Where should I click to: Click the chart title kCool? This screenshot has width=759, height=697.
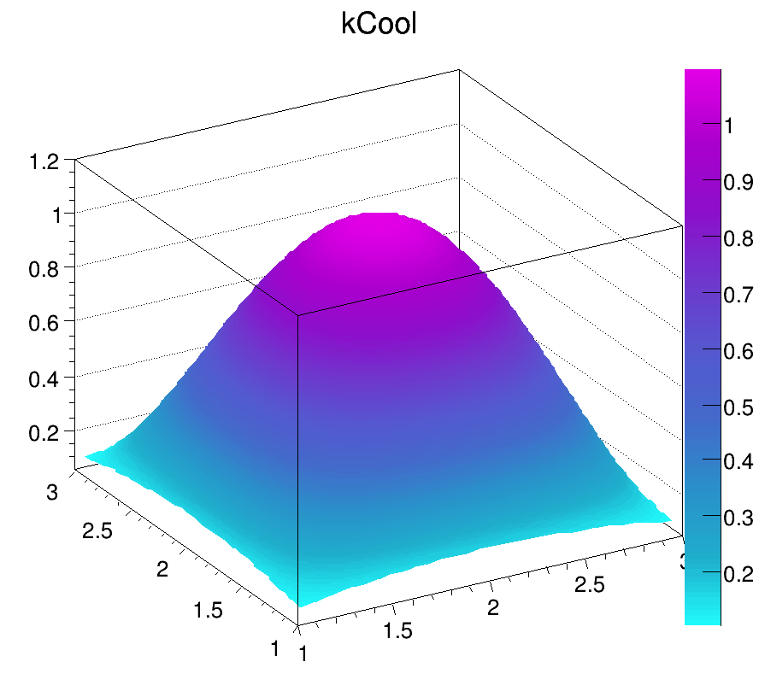click(x=379, y=25)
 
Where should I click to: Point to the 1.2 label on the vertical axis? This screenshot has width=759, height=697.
click(x=44, y=160)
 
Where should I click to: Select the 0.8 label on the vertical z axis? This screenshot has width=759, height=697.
click(x=44, y=269)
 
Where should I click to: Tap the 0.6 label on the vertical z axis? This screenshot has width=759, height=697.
click(x=44, y=324)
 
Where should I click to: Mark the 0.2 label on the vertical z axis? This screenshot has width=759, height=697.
click(x=44, y=433)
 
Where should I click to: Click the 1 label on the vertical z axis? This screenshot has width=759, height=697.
click(x=56, y=214)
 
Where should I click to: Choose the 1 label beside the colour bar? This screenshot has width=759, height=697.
click(x=728, y=126)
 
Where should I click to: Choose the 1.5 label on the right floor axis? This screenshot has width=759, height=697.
click(x=398, y=630)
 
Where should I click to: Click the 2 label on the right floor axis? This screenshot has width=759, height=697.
click(x=493, y=607)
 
